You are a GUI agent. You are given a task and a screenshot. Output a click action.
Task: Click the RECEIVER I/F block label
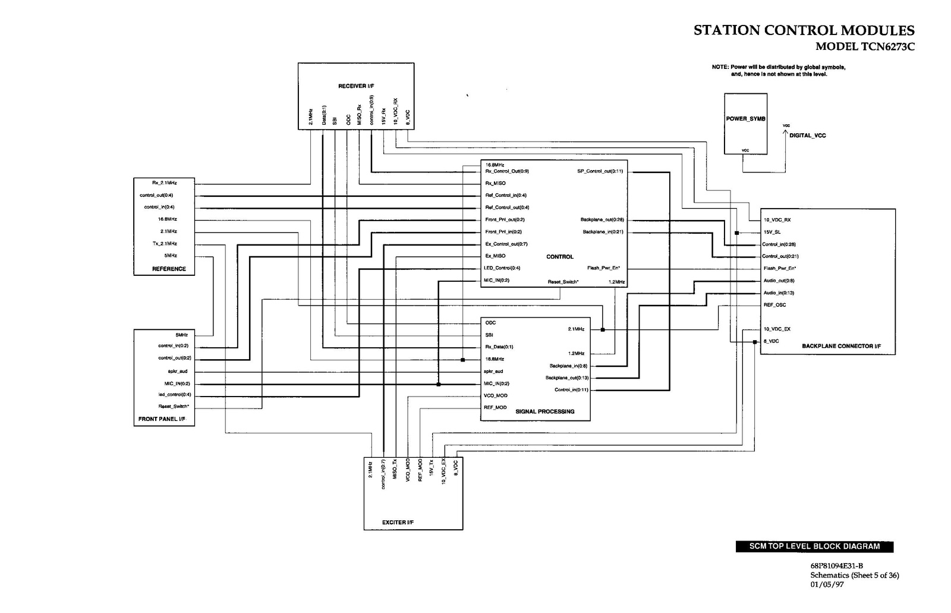click(356, 86)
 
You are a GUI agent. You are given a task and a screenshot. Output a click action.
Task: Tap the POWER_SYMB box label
click(745, 119)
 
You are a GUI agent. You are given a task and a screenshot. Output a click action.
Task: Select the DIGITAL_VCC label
click(807, 136)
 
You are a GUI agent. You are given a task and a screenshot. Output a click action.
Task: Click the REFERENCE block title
click(169, 269)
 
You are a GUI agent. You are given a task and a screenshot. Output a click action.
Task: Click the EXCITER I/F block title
click(398, 523)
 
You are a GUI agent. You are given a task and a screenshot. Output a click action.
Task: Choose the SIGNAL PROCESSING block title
click(544, 411)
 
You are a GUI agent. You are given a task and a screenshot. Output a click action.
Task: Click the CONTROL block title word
click(560, 257)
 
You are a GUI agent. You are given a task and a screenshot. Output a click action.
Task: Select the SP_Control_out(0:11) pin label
click(600, 171)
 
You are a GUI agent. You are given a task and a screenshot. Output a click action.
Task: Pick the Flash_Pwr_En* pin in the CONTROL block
click(603, 268)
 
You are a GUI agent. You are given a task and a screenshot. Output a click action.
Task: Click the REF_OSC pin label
click(774, 305)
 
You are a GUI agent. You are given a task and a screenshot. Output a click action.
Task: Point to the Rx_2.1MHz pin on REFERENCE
click(165, 183)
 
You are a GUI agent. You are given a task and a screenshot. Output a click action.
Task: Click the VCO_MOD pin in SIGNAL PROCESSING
click(496, 395)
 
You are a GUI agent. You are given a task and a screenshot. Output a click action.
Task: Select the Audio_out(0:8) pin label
click(779, 281)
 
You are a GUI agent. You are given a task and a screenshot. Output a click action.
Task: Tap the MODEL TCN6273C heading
click(865, 47)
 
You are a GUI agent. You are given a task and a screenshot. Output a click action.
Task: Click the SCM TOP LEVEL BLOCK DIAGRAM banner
click(814, 546)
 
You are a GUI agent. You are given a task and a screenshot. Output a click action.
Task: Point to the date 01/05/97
click(827, 584)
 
